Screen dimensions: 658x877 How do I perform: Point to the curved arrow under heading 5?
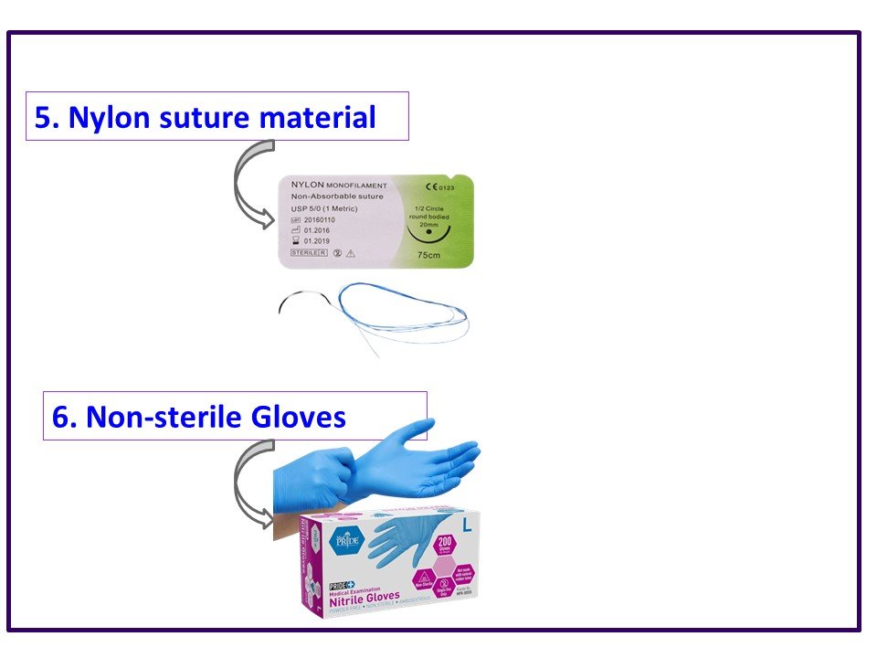248,183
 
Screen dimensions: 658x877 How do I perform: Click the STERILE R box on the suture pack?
307,251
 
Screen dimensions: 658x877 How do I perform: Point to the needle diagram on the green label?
429,229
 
